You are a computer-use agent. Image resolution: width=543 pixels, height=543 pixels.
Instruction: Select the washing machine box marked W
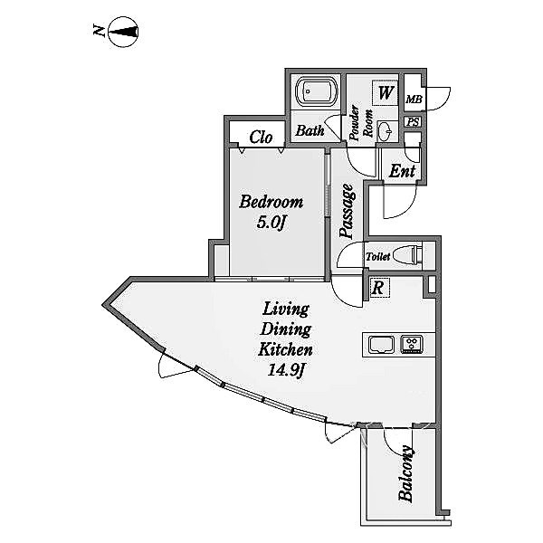(x=386, y=92)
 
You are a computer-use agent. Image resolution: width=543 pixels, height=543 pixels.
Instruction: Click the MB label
(x=414, y=100)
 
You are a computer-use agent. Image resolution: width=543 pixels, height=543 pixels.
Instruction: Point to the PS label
(x=413, y=122)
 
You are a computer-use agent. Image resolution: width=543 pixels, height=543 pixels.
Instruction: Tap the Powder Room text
(x=361, y=123)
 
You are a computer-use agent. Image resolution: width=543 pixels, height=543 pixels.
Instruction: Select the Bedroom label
(x=271, y=203)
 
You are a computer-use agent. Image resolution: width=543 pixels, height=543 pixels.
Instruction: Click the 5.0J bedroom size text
(x=271, y=224)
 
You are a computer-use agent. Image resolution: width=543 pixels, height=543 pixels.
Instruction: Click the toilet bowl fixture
(x=412, y=254)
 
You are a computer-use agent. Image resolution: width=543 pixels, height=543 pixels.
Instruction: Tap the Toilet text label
(x=377, y=257)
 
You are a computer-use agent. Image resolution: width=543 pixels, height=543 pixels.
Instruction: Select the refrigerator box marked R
(x=377, y=289)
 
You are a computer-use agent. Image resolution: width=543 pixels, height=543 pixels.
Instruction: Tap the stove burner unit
(x=412, y=344)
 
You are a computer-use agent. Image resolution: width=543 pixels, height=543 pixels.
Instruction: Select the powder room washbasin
(x=384, y=129)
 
